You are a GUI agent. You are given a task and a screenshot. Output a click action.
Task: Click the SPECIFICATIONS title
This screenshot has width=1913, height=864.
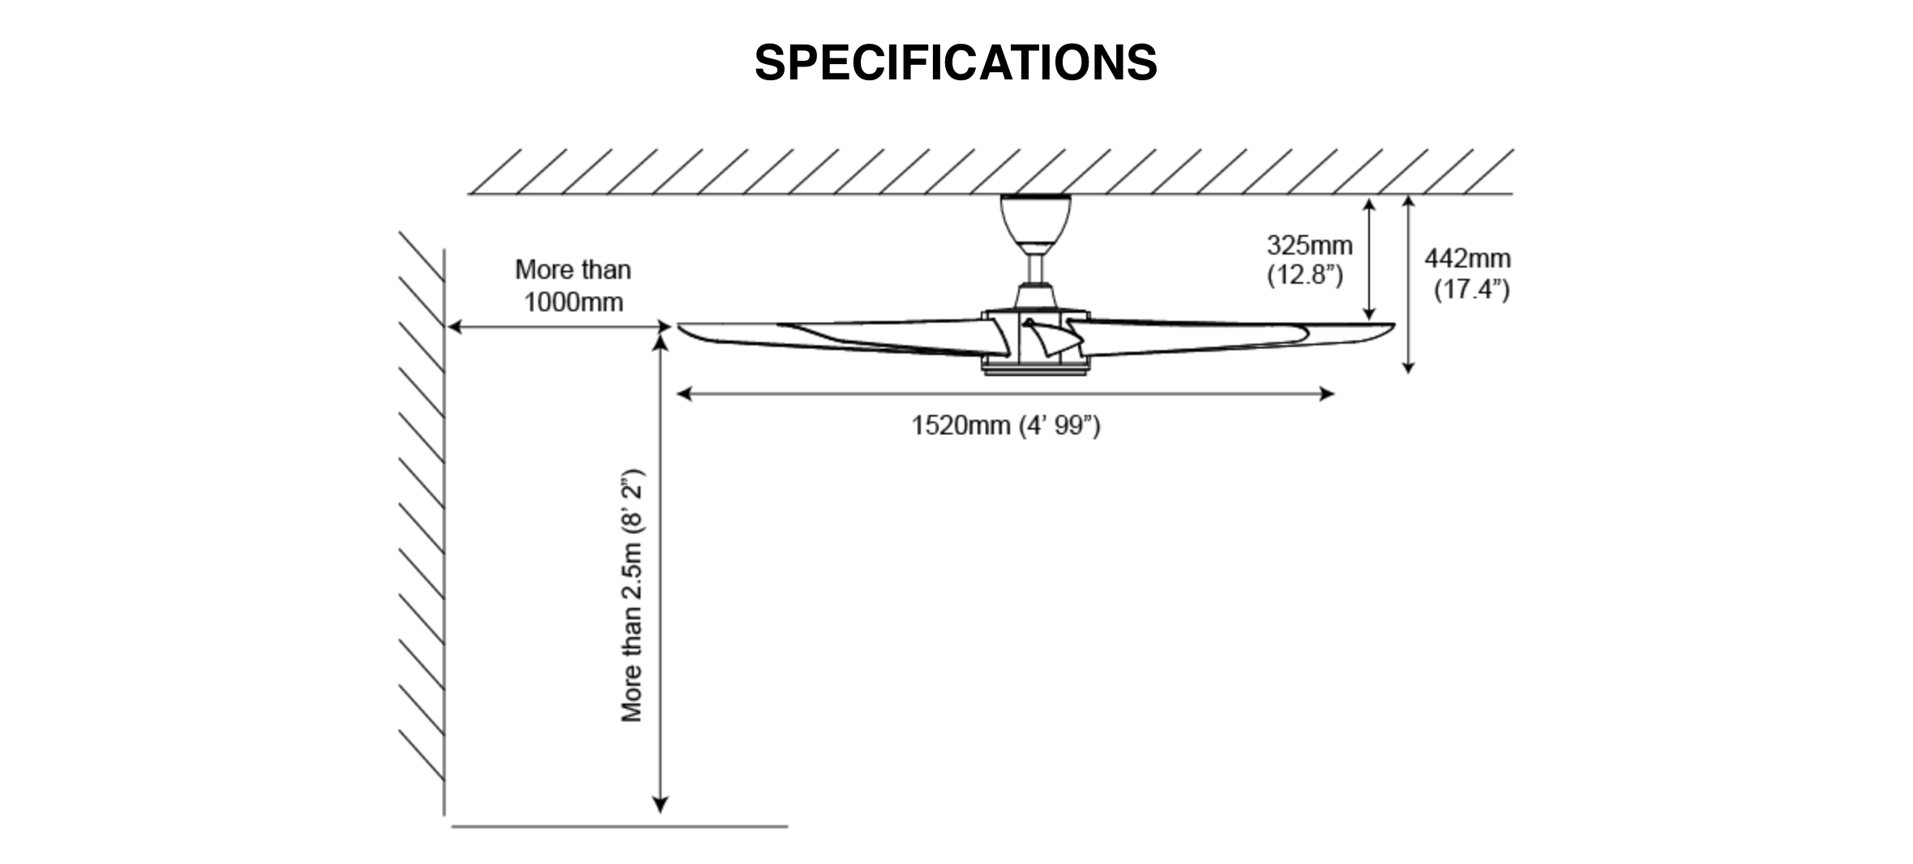coord(956,63)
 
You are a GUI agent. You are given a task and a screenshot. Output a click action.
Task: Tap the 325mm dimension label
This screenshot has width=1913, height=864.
coord(1309,245)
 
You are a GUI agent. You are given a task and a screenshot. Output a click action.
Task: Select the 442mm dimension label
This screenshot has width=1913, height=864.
coord(1468,259)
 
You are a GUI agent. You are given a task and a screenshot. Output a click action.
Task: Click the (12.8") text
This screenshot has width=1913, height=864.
coord(1305,276)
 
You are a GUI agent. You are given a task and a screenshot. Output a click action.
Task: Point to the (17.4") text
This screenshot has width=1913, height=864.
coord(1471,289)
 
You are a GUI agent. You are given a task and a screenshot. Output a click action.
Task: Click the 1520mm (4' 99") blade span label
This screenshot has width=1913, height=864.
coord(1006,425)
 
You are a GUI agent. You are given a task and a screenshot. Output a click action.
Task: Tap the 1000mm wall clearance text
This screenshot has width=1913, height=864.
coord(573,302)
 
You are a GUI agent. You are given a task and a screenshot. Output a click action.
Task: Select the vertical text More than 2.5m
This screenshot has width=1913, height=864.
coord(632,596)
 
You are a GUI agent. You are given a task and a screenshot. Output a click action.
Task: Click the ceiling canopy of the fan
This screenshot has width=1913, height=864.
coord(1035,219)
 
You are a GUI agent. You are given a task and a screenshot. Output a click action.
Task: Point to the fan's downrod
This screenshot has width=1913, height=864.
coord(1035,267)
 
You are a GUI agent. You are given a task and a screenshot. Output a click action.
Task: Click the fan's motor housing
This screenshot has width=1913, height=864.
coord(1035,340)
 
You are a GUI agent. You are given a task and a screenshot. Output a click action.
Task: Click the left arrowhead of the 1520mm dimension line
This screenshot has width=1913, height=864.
coord(683,394)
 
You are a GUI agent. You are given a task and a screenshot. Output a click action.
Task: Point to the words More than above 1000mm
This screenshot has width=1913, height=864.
coord(573,269)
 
